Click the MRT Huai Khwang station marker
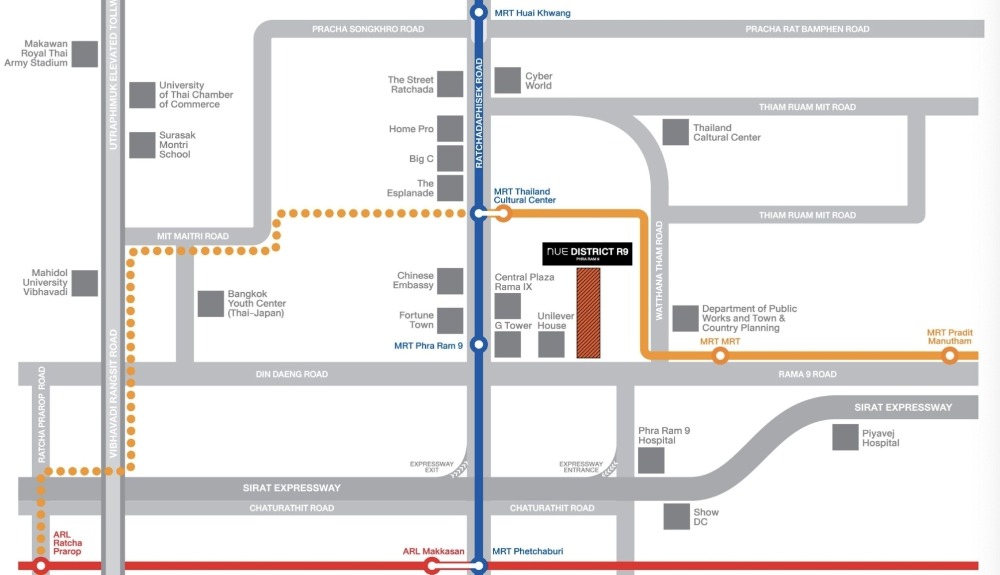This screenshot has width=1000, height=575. coord(478,12)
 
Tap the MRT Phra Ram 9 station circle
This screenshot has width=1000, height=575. coord(478,345)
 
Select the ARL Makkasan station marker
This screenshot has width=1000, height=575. coord(432,565)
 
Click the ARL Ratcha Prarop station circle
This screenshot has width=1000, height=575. coord(41,565)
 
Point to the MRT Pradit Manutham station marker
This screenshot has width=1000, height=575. coord(950,356)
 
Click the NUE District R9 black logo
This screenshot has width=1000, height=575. coord(587,254)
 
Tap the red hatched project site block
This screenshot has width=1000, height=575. coord(588,313)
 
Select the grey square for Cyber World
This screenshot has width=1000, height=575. coord(508,80)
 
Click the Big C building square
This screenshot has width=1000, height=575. coord(450,159)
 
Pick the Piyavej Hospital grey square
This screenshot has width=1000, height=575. coord(845,437)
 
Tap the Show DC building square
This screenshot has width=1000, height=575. coord(677,517)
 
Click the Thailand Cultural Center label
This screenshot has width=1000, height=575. coord(727,133)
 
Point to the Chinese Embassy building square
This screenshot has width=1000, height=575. coord(450,281)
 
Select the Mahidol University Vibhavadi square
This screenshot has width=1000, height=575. coord(85,283)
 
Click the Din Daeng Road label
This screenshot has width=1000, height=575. coord(291,374)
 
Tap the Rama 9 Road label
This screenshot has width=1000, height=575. coord(807,374)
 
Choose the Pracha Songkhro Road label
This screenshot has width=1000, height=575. coord(368,29)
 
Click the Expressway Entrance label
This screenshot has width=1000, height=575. coord(581,467)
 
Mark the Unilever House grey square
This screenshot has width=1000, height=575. coord(551,345)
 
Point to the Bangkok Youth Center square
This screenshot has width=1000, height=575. coord(210,304)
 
